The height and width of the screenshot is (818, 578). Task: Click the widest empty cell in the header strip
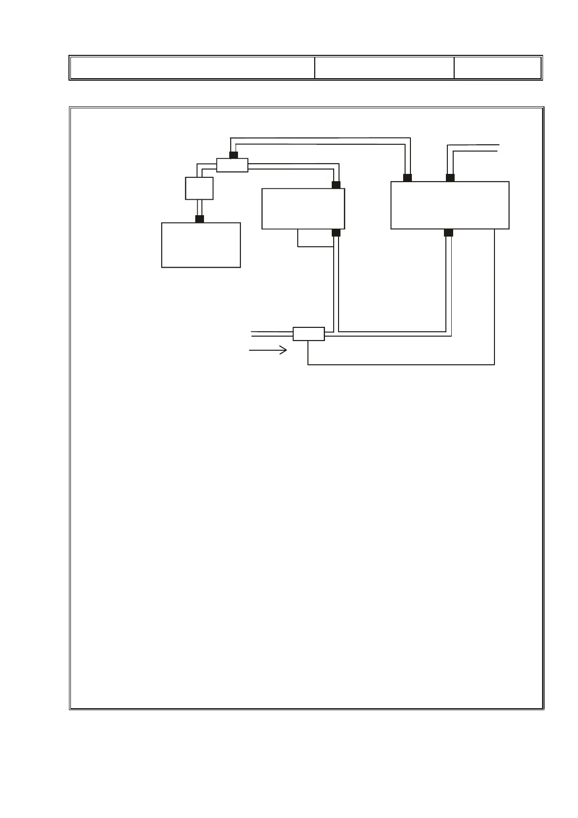pos(192,68)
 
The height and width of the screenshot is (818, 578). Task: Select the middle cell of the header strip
pos(384,68)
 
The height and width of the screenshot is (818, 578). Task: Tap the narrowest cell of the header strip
pos(497,68)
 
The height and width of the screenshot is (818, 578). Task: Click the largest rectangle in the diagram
pos(450,205)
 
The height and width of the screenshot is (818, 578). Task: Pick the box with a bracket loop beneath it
pos(303,208)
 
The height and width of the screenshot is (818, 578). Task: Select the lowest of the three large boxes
pos(201,245)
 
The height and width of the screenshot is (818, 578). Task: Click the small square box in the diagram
pos(199,188)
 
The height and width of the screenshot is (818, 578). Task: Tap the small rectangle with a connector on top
pos(232,165)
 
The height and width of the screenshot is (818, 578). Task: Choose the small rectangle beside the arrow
pos(308,334)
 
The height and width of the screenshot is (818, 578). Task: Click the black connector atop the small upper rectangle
pos(233,155)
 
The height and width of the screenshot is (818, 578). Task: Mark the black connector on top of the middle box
pos(336,185)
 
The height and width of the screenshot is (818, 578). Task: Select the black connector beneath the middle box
pos(336,233)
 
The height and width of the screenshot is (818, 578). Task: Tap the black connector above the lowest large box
pos(199,219)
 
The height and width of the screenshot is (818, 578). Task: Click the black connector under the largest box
pos(448,233)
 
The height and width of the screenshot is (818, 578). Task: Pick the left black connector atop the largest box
pos(408,177)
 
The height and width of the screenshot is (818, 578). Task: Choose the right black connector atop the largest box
pos(450,177)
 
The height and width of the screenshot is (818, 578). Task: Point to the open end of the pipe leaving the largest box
pos(497,148)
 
